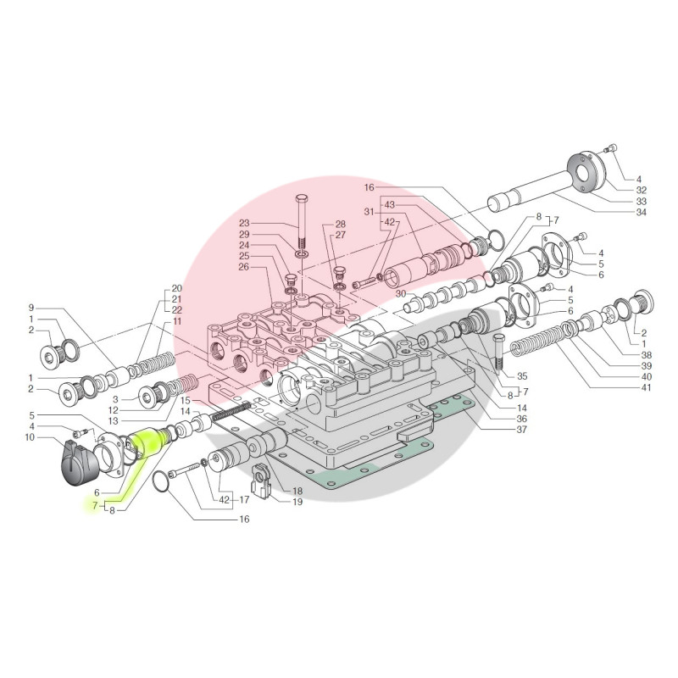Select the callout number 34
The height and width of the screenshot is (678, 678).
pyautogui.click(x=641, y=213)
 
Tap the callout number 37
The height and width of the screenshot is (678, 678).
pyautogui.click(x=522, y=430)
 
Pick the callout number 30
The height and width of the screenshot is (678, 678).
pyautogui.click(x=400, y=294)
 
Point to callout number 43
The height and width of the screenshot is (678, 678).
pyautogui.click(x=390, y=204)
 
